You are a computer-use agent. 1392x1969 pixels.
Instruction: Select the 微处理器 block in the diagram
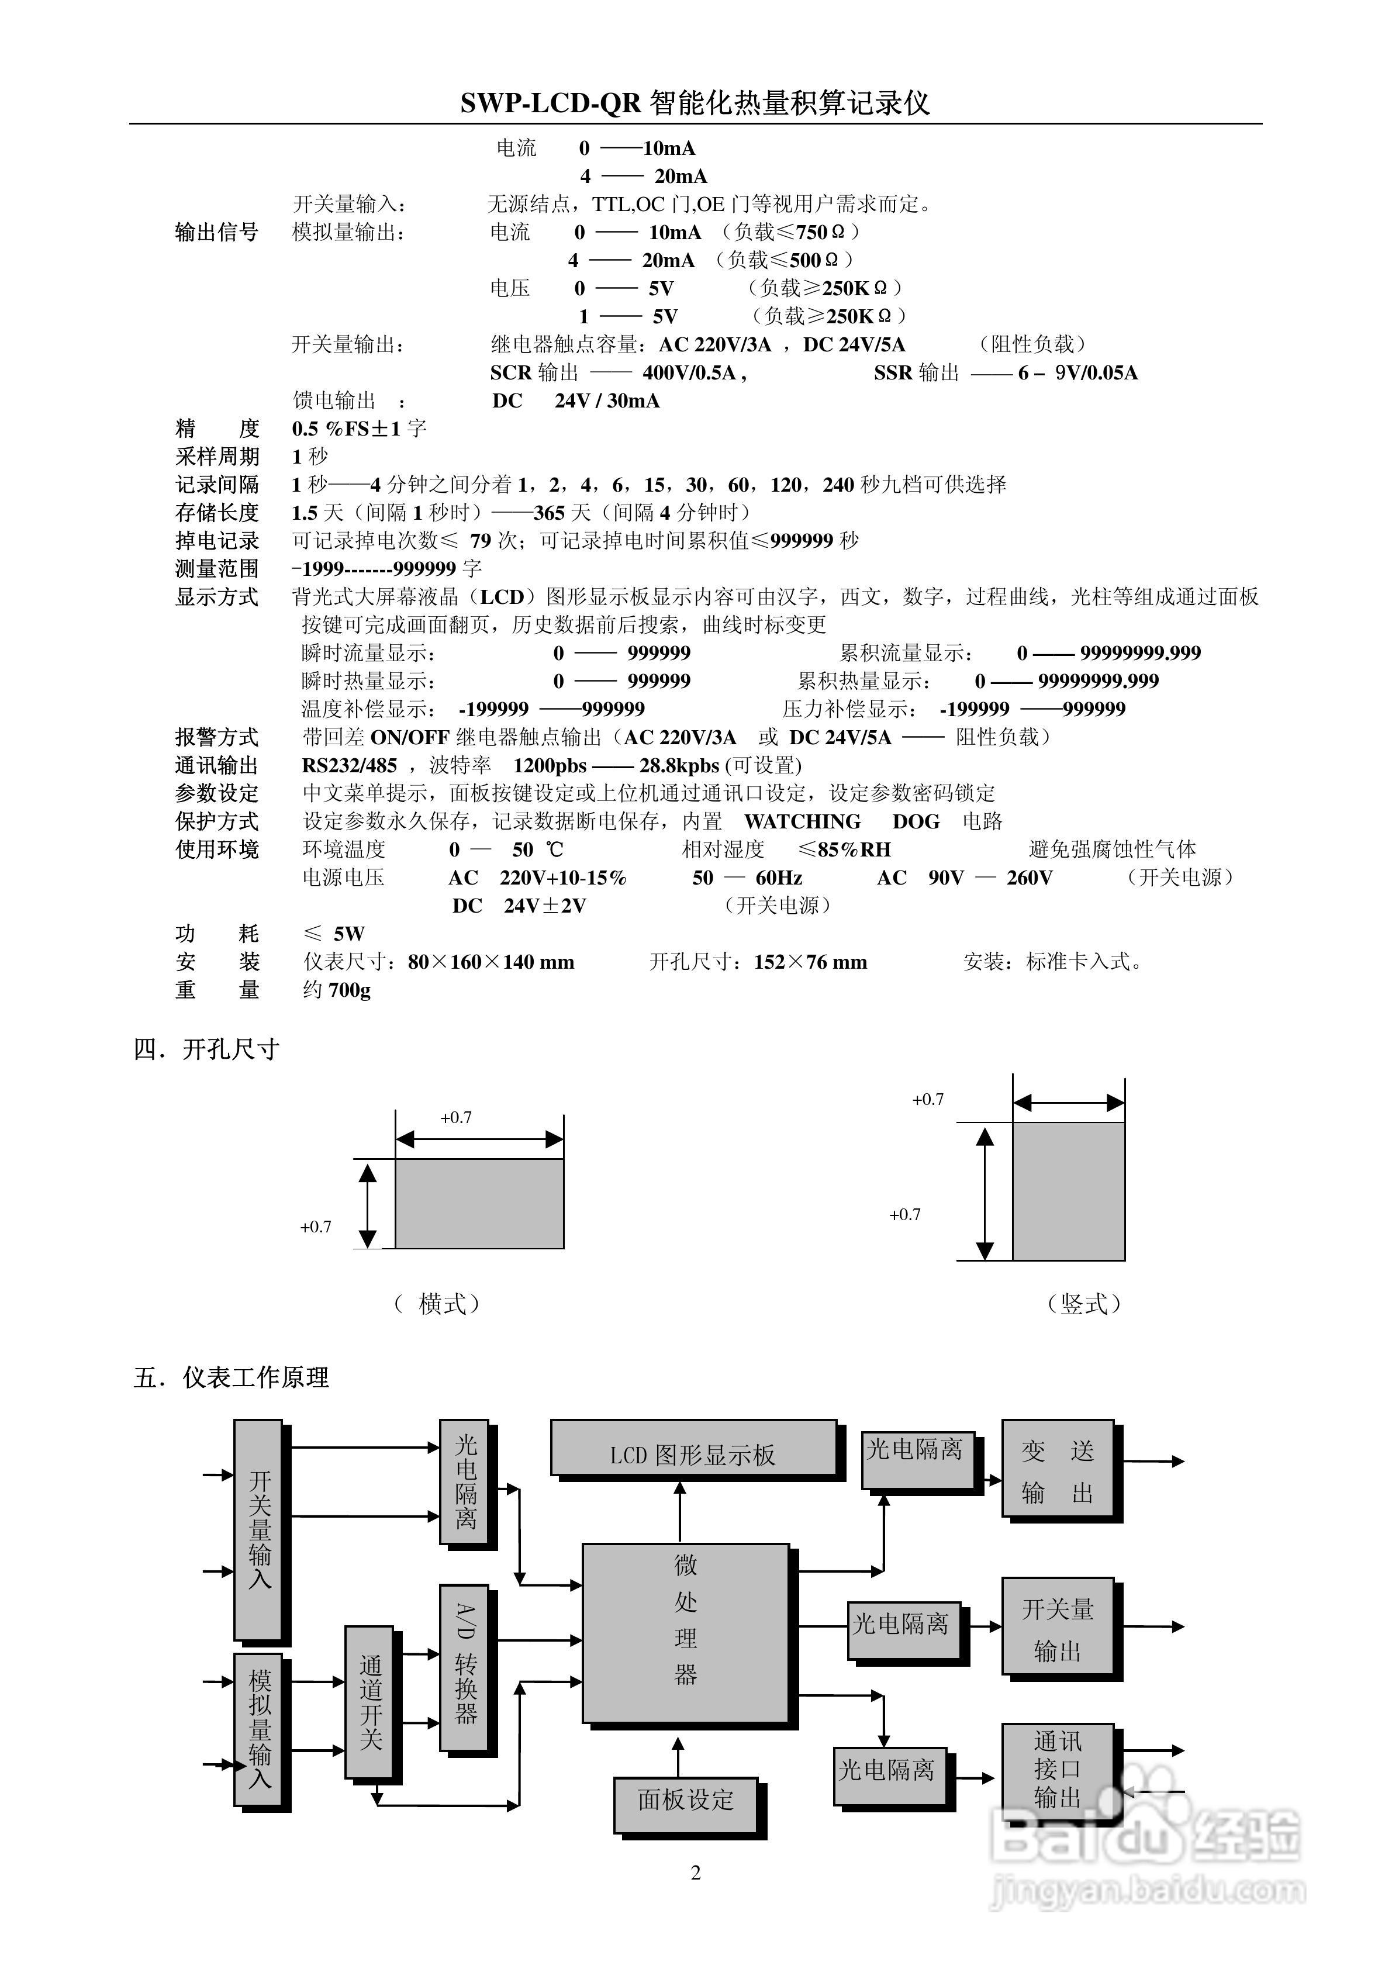tap(685, 1633)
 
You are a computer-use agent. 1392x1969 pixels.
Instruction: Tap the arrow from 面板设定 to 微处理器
tap(678, 1756)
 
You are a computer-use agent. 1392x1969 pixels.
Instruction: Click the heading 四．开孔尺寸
tap(207, 1049)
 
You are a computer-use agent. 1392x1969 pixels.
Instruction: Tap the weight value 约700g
tap(337, 990)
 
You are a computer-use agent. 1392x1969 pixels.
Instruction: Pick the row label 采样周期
tap(217, 456)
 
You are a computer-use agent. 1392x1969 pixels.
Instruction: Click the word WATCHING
tap(802, 821)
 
